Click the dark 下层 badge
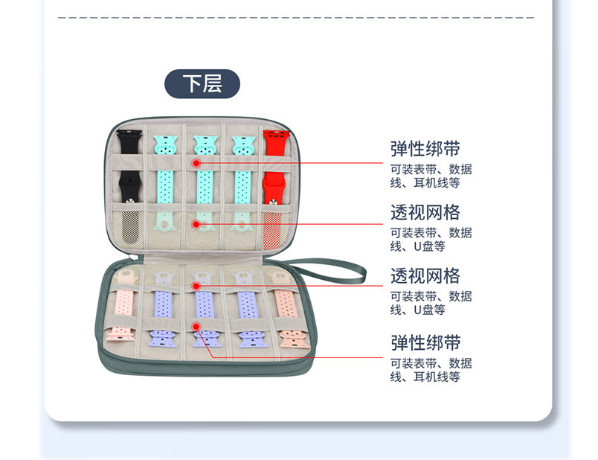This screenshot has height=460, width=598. (202, 84)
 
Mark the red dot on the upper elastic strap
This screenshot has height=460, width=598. (196, 162)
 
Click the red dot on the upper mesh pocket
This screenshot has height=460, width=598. (196, 223)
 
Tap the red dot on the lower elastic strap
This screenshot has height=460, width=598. (196, 325)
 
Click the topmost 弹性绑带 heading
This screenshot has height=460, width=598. (425, 148)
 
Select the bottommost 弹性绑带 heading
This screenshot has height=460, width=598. (425, 342)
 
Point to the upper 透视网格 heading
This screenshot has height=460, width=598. (425, 212)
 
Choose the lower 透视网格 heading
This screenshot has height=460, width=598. (425, 275)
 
